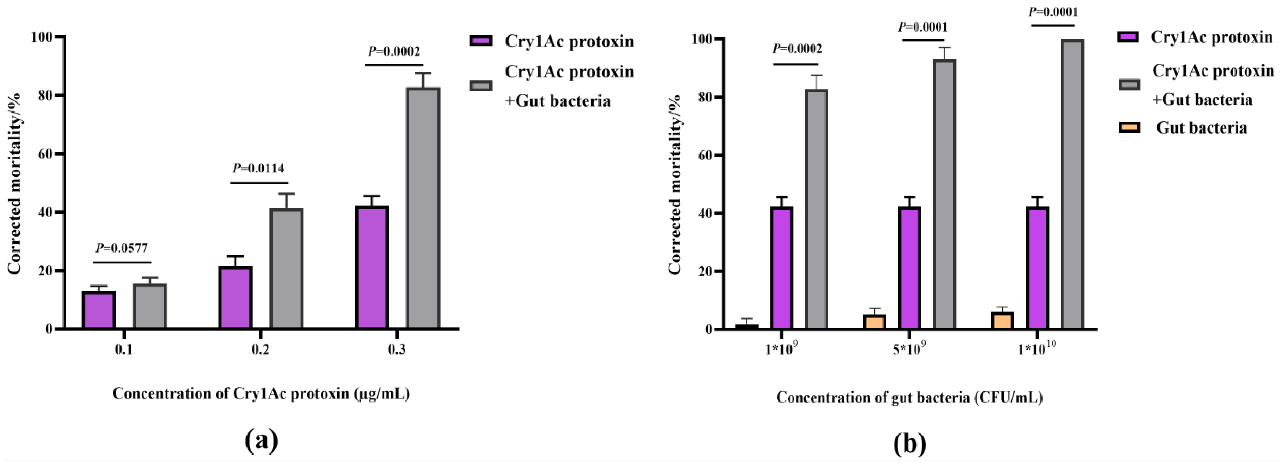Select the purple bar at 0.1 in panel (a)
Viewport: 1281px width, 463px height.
click(x=99, y=309)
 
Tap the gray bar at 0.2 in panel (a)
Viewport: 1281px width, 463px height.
click(x=286, y=268)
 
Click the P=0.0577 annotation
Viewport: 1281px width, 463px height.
click(x=122, y=248)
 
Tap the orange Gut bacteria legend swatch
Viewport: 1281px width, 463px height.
click(x=1129, y=128)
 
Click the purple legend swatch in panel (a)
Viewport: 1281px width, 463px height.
click(x=480, y=41)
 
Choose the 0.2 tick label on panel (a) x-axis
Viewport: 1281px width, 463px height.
click(x=260, y=350)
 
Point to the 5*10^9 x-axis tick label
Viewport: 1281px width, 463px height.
click(x=909, y=349)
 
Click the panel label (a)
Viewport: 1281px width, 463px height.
click(x=261, y=440)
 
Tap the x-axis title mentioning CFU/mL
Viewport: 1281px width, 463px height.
click(x=909, y=397)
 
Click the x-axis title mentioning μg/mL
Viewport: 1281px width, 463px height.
click(x=261, y=394)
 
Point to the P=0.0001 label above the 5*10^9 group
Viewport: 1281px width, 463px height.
click(x=922, y=27)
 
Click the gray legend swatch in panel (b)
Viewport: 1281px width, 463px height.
click(x=1129, y=84)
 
